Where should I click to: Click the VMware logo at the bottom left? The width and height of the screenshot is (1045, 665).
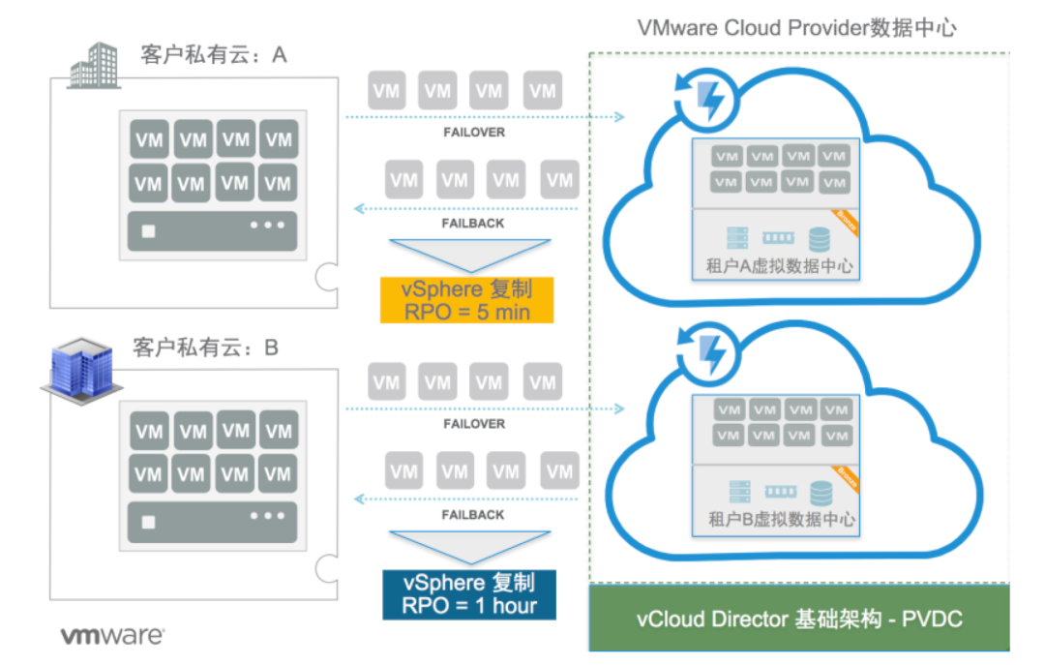(x=112, y=636)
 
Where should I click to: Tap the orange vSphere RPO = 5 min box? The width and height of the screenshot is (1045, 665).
(x=467, y=300)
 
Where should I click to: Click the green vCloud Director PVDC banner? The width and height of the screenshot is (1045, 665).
(x=799, y=619)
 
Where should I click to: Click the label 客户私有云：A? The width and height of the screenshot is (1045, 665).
(x=214, y=55)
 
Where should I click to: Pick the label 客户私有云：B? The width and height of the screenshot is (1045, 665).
(x=205, y=347)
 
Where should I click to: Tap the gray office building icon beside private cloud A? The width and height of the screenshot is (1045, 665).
(x=94, y=66)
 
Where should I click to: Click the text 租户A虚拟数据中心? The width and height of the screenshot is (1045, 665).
(x=773, y=265)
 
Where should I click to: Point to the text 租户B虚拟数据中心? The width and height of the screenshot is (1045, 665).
(x=774, y=519)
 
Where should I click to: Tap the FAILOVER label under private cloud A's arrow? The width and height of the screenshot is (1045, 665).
(x=473, y=132)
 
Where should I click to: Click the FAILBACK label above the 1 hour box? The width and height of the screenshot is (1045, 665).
(x=473, y=515)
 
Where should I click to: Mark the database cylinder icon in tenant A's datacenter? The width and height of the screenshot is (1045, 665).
(x=819, y=238)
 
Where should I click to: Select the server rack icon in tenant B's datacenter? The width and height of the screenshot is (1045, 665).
(x=738, y=492)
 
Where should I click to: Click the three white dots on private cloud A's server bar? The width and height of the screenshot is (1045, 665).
(x=268, y=226)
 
